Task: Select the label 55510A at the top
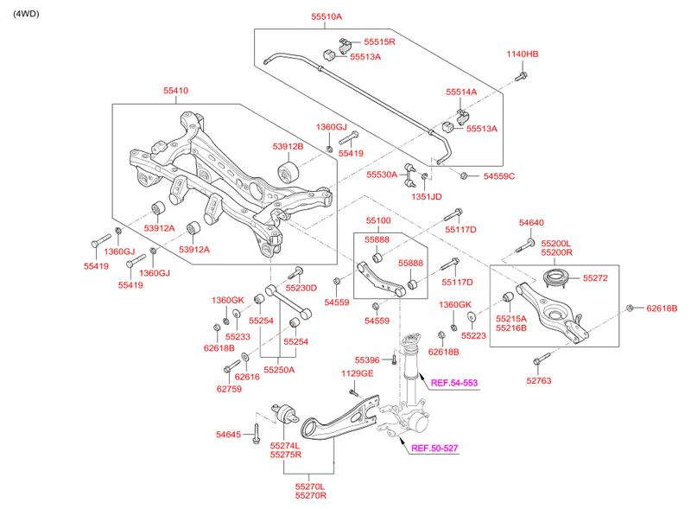[326, 16]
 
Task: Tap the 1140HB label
[522, 54]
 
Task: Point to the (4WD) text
[25, 14]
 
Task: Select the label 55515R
[379, 41]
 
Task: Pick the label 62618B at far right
[662, 308]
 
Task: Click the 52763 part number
[538, 380]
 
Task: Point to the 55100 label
[378, 220]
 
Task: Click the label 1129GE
[357, 373]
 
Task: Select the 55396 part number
[367, 359]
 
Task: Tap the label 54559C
[498, 176]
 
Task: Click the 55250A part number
[279, 369]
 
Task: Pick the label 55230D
[301, 288]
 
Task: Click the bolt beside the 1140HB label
[522, 78]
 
